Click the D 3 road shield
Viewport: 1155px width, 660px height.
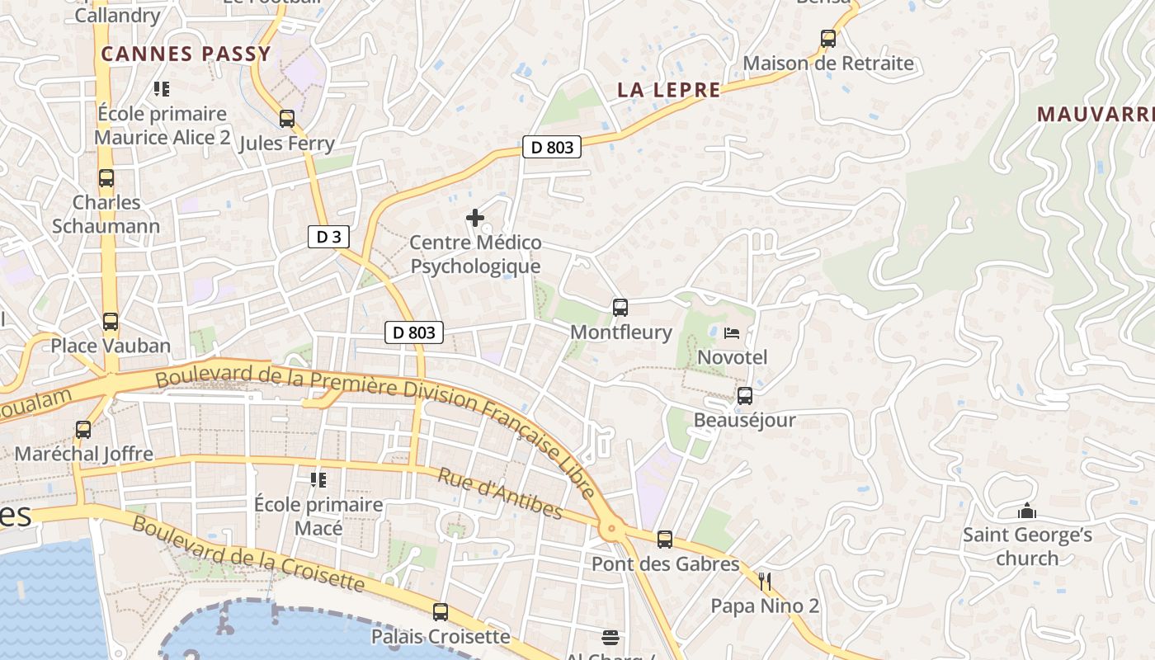pos(328,237)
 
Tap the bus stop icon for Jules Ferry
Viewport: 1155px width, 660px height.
pos(287,118)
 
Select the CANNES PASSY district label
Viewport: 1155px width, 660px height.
pos(186,54)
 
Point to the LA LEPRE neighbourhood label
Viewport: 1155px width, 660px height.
pos(668,90)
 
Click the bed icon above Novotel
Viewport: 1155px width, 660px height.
pos(732,333)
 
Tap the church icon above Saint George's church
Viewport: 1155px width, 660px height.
pos(1026,511)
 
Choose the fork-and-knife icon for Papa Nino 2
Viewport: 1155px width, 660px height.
pos(765,582)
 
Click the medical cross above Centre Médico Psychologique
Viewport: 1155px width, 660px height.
pos(475,218)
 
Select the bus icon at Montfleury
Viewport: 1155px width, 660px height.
pos(620,308)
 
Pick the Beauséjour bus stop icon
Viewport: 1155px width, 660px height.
pos(744,396)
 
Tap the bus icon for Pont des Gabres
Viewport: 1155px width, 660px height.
pos(665,540)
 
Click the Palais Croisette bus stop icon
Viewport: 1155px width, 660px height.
pos(441,612)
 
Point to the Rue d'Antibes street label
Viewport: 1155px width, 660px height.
pos(499,494)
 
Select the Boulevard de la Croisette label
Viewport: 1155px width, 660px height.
pos(247,554)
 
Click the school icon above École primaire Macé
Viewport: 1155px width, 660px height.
pos(318,479)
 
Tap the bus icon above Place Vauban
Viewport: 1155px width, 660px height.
pos(111,322)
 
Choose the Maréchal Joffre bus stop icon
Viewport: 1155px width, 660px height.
pos(83,430)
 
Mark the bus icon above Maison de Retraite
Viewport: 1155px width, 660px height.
pos(828,38)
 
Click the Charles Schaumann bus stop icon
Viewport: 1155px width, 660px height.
pos(106,178)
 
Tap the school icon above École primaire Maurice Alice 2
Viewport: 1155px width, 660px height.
pos(162,88)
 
